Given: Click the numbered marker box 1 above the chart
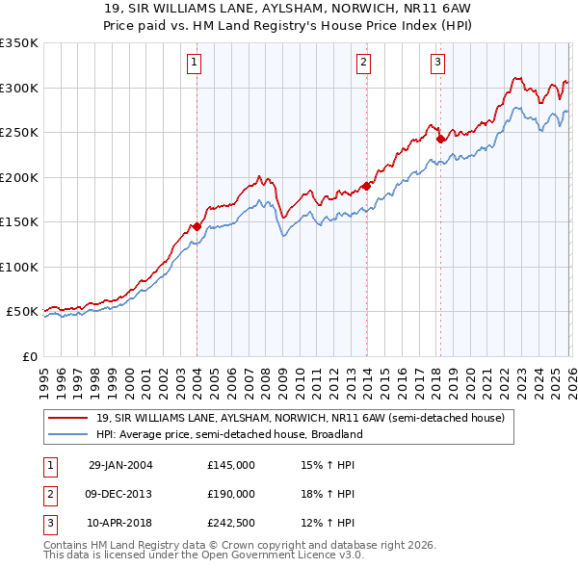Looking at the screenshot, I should (x=195, y=63).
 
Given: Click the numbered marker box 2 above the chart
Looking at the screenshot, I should (x=364, y=63).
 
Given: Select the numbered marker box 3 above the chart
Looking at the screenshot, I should (x=437, y=63).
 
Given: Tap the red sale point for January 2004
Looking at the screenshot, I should (x=197, y=226).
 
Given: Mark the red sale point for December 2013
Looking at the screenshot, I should (x=366, y=186).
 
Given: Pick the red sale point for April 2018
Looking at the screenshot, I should (x=440, y=139).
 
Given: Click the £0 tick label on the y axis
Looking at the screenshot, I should (x=29, y=356).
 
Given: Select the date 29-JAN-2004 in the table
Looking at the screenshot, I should (x=119, y=465).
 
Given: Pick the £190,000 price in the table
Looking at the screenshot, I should (x=231, y=494).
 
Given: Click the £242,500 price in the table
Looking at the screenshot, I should (x=231, y=523).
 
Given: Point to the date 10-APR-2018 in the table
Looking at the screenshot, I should (x=119, y=523).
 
